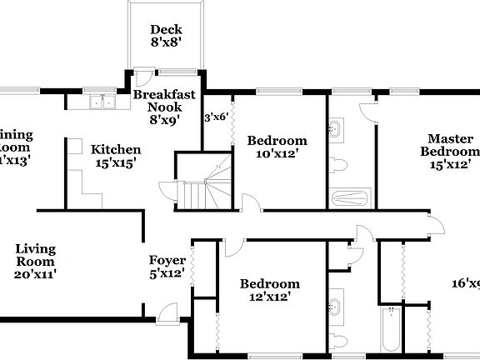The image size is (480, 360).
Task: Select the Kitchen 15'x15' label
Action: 116,156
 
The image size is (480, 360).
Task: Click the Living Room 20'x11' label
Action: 36,260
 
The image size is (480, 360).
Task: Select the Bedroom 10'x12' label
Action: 277,147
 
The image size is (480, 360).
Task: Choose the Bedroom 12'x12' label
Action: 269,289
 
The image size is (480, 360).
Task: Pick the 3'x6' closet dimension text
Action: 216,118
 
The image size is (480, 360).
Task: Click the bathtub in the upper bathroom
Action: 348,198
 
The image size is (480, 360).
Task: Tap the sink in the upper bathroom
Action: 337,128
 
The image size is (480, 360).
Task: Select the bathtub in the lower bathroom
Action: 389,331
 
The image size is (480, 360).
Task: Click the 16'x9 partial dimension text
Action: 466,284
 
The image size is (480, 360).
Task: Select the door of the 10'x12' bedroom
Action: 247,202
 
